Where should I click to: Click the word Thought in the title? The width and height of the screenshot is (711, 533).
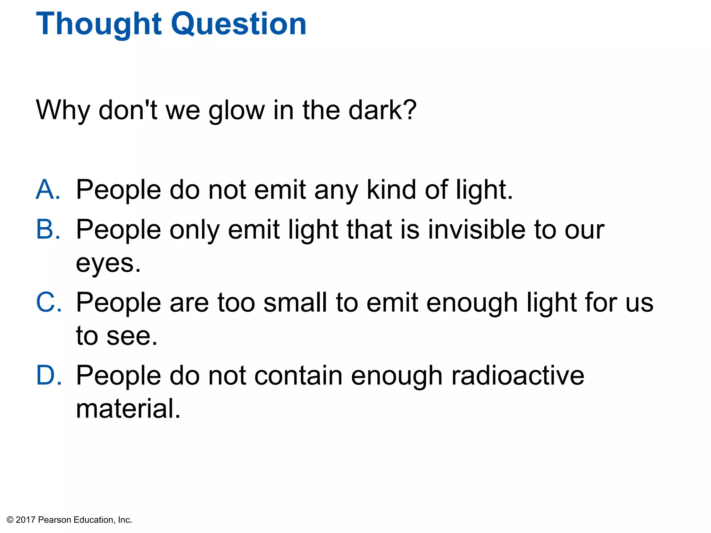click(99, 24)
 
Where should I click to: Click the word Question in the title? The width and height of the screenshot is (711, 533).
click(239, 24)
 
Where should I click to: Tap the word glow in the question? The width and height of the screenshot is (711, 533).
click(236, 110)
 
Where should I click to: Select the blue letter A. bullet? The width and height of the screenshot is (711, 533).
click(48, 190)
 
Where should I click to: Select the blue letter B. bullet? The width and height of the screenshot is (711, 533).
click(48, 230)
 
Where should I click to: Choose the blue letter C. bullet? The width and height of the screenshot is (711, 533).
click(49, 303)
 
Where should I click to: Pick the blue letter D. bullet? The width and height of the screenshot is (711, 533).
click(49, 375)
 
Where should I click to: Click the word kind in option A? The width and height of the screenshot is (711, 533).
click(391, 190)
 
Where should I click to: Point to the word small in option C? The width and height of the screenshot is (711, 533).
click(295, 303)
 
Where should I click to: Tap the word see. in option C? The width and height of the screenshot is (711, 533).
click(132, 336)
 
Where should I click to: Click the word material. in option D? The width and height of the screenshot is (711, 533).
click(128, 409)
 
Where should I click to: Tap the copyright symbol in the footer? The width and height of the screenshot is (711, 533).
click(10, 520)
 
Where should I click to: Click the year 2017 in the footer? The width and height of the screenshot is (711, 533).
click(25, 520)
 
